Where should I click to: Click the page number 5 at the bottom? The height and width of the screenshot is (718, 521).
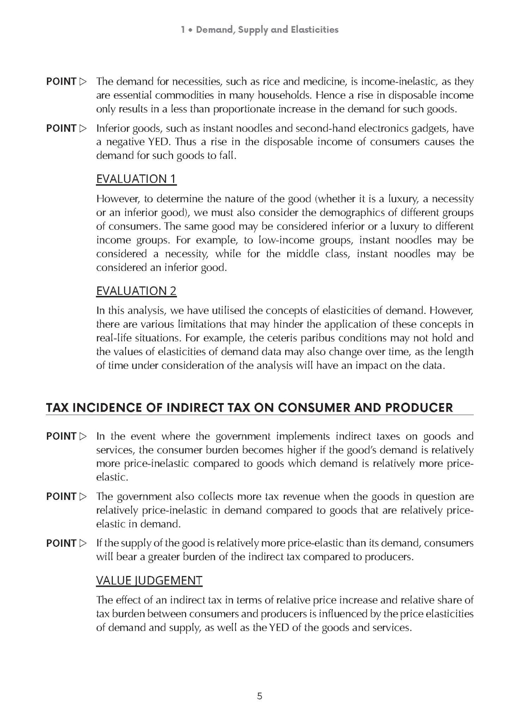point(260,696)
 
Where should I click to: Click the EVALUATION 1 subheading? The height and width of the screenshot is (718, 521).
point(136,179)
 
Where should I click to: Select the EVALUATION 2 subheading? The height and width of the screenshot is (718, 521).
point(136,291)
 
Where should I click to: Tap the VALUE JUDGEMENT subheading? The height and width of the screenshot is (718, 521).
point(149,580)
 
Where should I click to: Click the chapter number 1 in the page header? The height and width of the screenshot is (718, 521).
point(183,30)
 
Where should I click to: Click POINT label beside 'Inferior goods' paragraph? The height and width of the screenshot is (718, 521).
point(61,128)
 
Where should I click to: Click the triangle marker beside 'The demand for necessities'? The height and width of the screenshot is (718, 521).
point(83,82)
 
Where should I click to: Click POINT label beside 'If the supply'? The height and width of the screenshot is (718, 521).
point(61,543)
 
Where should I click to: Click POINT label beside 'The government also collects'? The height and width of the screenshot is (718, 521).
point(61,496)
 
